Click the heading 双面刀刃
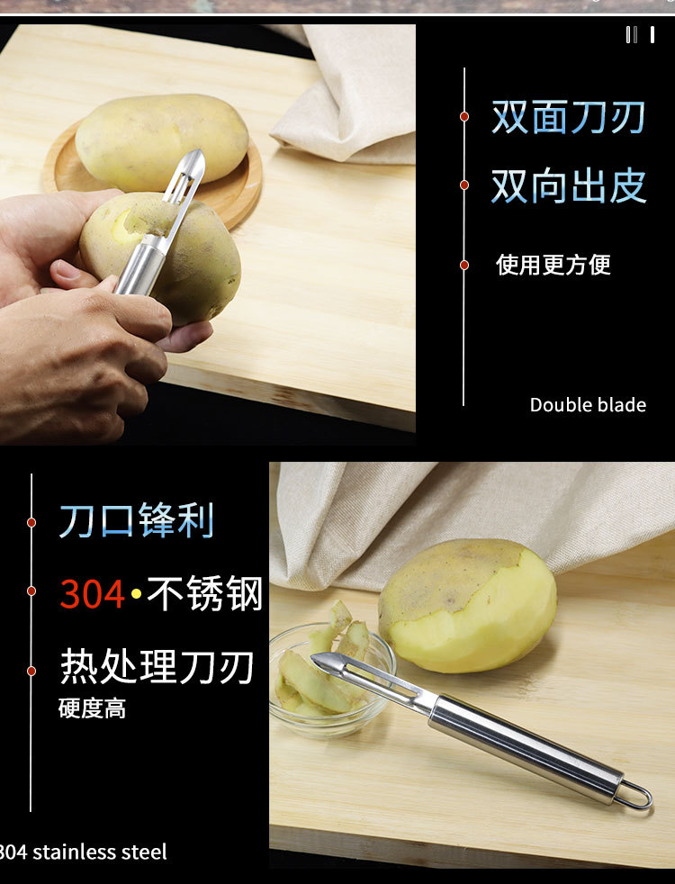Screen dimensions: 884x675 click(x=568, y=118)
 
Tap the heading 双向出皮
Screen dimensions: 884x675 click(x=568, y=185)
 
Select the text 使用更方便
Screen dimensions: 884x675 click(x=553, y=265)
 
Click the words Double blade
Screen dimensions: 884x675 click(x=588, y=405)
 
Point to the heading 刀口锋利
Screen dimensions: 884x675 click(x=137, y=521)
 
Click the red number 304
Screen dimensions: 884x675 click(x=93, y=595)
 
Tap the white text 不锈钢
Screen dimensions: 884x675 click(x=205, y=595)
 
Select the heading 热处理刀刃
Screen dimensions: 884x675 click(x=157, y=667)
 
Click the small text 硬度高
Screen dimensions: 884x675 click(x=92, y=708)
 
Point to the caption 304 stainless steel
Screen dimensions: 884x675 click(x=84, y=852)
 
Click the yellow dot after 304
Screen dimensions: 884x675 click(x=136, y=596)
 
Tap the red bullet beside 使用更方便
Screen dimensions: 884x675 click(x=464, y=265)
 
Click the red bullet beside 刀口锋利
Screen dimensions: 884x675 click(x=31, y=522)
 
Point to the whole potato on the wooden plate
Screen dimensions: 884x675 click(x=162, y=140)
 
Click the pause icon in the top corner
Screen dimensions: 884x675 click(x=640, y=35)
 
